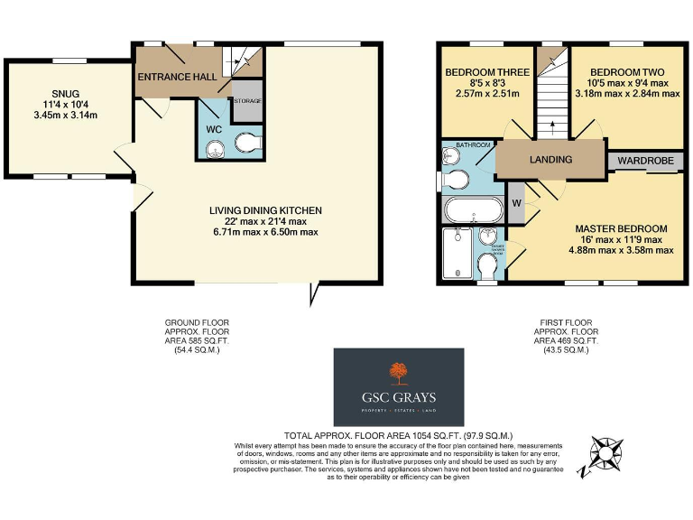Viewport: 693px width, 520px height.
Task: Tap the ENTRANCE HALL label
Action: pos(176,78)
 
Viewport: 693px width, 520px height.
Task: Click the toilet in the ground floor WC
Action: pos(246,143)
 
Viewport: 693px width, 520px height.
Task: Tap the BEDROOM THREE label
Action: pos(483,72)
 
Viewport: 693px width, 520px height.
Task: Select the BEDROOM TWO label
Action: pos(627,72)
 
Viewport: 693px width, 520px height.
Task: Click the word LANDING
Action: pos(550,160)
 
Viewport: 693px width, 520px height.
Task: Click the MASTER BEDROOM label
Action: pos(622,228)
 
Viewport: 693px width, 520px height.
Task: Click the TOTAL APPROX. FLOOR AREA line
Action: pos(398,434)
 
